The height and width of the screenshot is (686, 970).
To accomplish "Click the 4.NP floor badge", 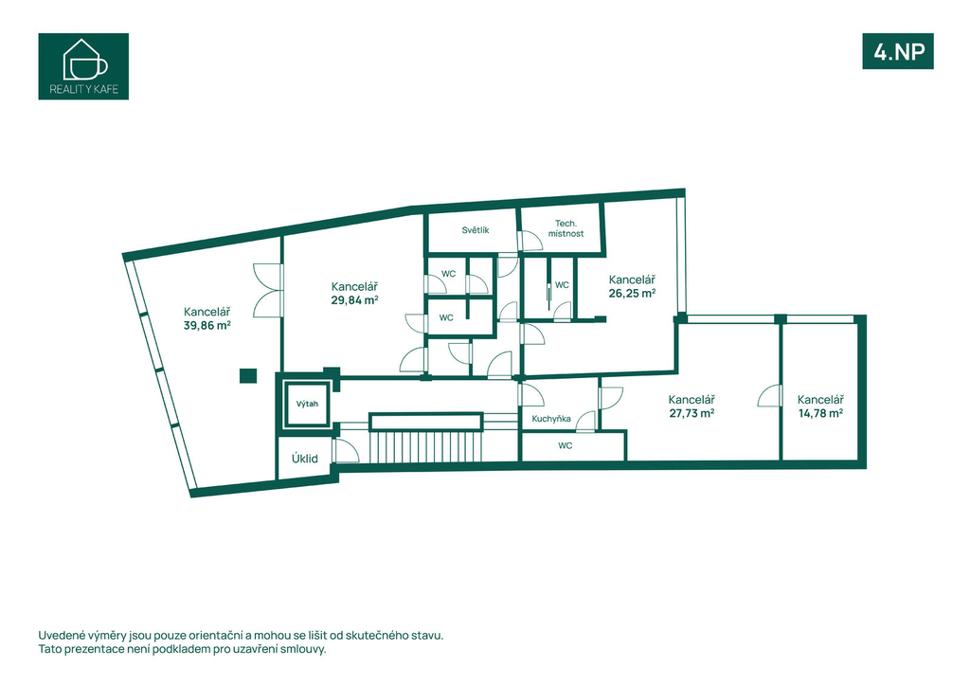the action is click(x=898, y=51).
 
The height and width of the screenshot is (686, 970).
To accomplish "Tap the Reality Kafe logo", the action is click(x=83, y=66).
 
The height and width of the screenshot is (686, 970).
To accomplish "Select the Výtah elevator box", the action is click(x=307, y=404).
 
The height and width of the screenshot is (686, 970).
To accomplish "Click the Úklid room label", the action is click(x=305, y=459).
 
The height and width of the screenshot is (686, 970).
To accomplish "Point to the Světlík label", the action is click(x=476, y=230).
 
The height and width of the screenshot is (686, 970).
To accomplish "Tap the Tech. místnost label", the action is click(x=566, y=228).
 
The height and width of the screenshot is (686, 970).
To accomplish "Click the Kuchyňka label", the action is click(x=551, y=419).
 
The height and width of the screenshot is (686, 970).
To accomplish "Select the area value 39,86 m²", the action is click(x=207, y=325).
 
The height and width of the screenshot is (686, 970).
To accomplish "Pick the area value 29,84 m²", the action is click(x=354, y=300).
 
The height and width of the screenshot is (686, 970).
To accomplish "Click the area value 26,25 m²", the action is click(x=632, y=293).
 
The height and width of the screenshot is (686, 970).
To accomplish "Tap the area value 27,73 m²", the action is click(x=692, y=413).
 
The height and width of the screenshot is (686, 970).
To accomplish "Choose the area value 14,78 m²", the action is click(x=820, y=413).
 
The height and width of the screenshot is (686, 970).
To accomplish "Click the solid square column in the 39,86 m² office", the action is click(x=248, y=375).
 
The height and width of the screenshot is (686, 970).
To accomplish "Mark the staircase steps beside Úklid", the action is click(x=425, y=446).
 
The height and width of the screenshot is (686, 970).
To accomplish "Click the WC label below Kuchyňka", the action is click(x=565, y=445).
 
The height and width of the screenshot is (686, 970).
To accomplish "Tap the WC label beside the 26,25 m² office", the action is click(x=562, y=285).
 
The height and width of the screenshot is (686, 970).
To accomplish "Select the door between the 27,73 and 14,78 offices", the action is click(x=770, y=395).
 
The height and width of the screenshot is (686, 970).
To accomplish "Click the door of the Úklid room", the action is click(x=345, y=450).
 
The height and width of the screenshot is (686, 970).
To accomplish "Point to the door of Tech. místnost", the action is click(x=530, y=241).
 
